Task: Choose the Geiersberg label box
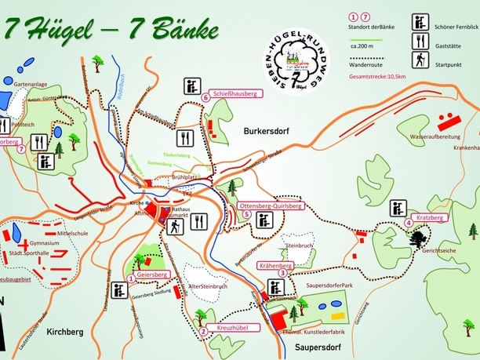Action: pos(152,275)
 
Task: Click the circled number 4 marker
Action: pos(408,223)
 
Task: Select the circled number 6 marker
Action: pos(205,97)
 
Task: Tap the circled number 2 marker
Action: pos(204,331)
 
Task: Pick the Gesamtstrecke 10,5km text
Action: pos(377,78)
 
